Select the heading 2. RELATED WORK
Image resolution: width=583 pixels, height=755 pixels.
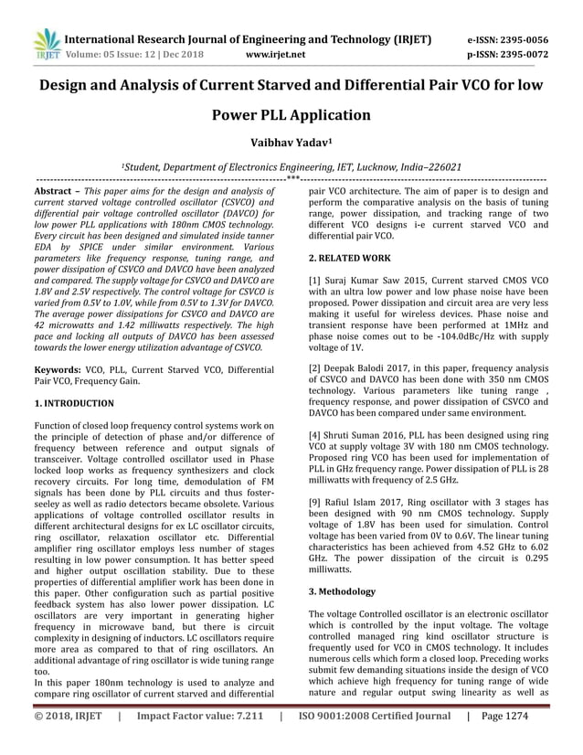coord(350,259)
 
